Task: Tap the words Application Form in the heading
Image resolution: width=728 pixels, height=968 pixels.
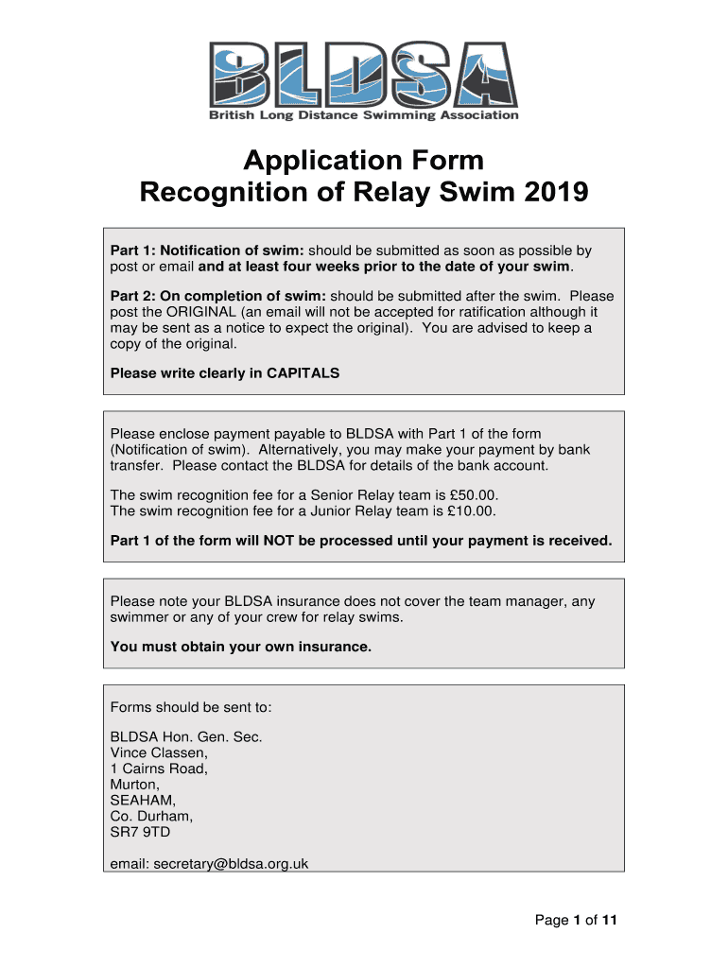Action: click(x=364, y=160)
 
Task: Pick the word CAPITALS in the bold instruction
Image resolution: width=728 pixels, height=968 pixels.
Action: click(x=303, y=372)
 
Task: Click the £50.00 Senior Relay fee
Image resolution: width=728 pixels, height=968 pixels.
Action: click(x=468, y=494)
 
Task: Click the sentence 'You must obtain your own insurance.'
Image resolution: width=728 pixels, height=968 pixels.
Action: click(x=241, y=647)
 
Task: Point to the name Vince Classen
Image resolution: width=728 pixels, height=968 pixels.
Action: click(x=159, y=752)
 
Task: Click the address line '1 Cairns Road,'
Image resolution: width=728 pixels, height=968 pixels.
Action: click(x=159, y=769)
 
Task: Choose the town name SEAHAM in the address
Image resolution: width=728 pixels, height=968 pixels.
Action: click(x=141, y=800)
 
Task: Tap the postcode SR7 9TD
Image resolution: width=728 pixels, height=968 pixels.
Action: click(x=141, y=832)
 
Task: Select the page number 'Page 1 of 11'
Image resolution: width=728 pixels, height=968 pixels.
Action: click(x=576, y=920)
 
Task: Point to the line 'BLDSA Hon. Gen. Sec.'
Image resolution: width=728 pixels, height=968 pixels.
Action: click(x=186, y=736)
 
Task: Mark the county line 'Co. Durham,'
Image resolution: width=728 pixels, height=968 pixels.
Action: click(x=151, y=816)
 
